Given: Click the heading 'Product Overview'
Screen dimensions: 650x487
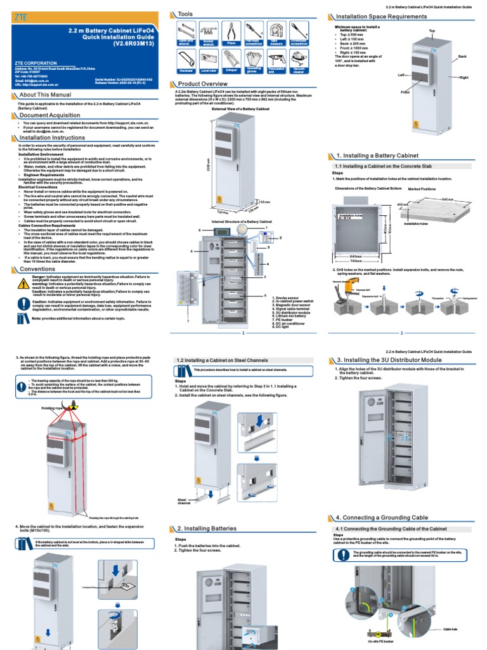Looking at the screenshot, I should tap(202, 84).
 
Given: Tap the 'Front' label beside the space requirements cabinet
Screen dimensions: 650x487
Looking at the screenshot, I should tap(405, 92).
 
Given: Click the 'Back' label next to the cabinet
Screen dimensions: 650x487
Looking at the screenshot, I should tap(462, 56).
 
